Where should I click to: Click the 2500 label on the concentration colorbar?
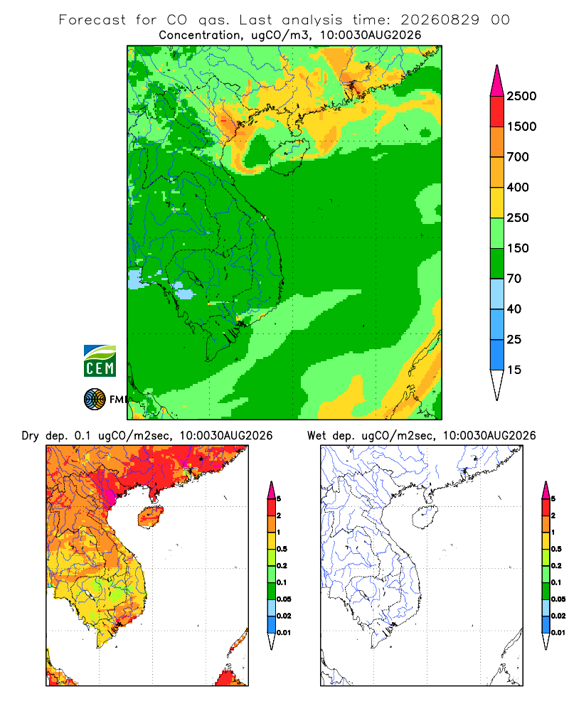tap(521, 96)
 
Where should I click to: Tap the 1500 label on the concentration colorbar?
tap(521, 127)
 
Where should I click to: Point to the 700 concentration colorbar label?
tap(518, 157)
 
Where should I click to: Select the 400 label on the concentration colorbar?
tap(518, 187)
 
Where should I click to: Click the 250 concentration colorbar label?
tap(518, 218)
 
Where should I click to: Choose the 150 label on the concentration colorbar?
tap(518, 248)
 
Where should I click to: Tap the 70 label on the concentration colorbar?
tap(514, 279)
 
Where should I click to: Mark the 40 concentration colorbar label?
tap(514, 309)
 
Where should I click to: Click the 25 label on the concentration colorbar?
tap(514, 339)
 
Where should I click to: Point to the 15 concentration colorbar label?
tap(514, 370)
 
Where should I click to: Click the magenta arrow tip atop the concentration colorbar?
tap(497, 65)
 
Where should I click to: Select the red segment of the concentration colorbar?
tap(497, 112)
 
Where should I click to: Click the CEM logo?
tap(100, 360)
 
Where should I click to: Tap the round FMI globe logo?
tap(95, 400)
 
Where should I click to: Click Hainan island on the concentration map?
tap(289, 157)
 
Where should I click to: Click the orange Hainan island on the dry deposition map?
tap(150, 517)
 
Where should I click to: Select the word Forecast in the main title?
tap(92, 20)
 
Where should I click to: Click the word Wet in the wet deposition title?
tap(317, 436)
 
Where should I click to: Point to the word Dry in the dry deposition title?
tap(31, 436)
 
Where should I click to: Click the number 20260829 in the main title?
tap(440, 20)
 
